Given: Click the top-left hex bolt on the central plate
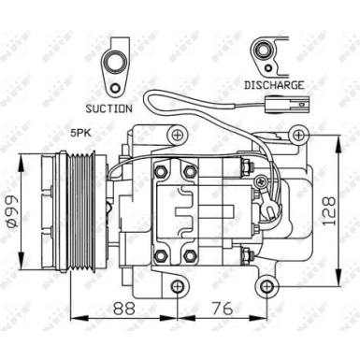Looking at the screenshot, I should tap(161, 171).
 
